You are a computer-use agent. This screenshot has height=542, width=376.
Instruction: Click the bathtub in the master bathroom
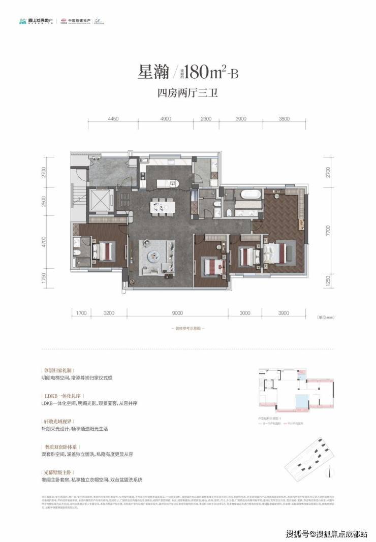250,194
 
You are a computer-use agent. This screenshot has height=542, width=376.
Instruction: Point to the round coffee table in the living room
154,257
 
